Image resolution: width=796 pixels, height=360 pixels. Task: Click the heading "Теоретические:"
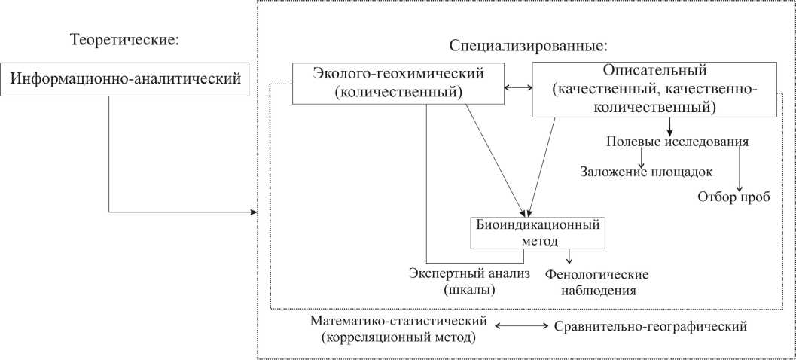coord(124,39)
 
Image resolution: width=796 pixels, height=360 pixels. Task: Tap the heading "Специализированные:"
coord(528,45)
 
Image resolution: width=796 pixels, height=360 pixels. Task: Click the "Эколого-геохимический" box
coord(398,83)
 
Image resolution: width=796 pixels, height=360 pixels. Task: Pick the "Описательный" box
coord(654,89)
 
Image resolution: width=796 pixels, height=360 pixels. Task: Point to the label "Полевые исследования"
coord(677,142)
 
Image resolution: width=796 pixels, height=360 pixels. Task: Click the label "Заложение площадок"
coord(646,171)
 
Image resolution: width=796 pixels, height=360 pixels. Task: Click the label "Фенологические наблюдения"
coord(596,282)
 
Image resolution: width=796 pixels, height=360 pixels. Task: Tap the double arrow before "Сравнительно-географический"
coord(520,327)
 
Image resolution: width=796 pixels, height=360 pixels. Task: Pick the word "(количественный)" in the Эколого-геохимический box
coord(398,93)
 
